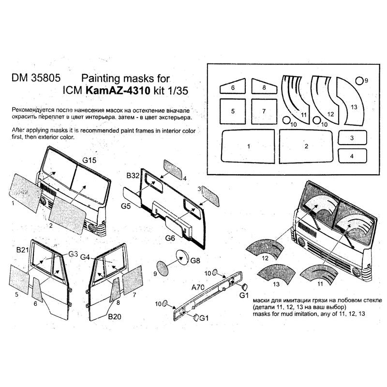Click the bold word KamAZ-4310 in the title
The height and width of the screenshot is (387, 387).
point(112,89)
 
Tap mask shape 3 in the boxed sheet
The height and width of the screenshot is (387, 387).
point(352,138)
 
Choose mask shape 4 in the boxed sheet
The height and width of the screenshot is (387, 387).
point(352,156)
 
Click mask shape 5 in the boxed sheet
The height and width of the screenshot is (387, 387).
point(233,111)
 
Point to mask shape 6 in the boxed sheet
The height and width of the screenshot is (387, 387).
point(233,88)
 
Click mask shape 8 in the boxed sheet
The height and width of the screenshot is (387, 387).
point(265,88)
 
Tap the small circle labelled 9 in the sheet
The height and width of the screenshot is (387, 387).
point(359,80)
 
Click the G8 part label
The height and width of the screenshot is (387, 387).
point(195,260)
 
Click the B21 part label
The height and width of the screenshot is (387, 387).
point(23,250)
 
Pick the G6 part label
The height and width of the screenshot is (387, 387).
point(170,238)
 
